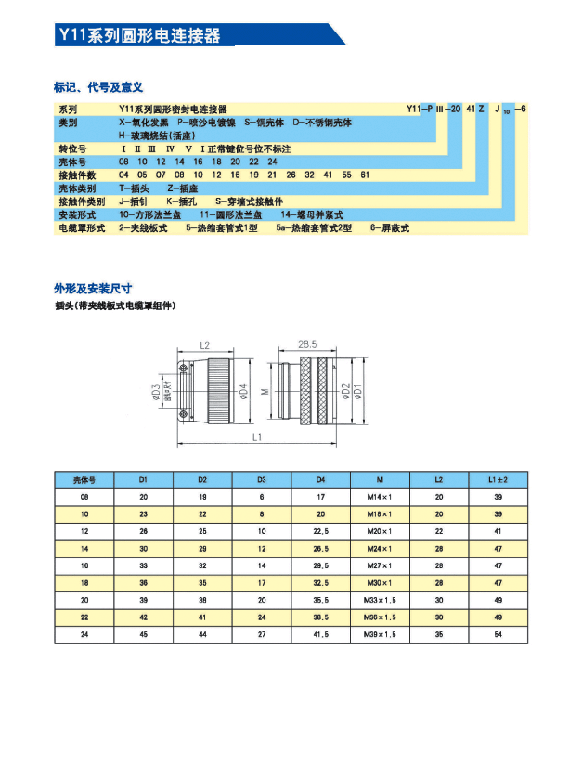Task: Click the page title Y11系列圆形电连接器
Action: click(x=139, y=36)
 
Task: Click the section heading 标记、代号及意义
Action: click(x=97, y=87)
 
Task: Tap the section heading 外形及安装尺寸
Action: click(x=93, y=288)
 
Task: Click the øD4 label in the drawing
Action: click(x=244, y=392)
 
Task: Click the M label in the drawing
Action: click(x=264, y=392)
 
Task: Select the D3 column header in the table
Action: click(x=262, y=479)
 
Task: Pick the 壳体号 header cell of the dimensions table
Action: click(x=84, y=479)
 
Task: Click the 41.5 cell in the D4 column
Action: click(x=320, y=635)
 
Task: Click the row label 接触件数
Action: click(x=78, y=175)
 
